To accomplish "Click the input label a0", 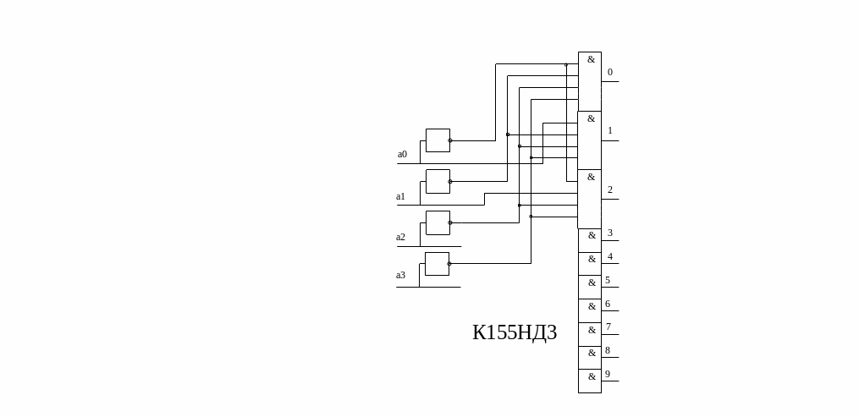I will click(402, 155).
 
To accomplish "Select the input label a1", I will click(400, 197).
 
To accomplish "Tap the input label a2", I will click(400, 238).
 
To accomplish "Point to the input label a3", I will click(400, 276).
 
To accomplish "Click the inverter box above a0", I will click(438, 140).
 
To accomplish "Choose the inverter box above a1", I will click(438, 181).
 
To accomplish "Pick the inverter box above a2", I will click(438, 222).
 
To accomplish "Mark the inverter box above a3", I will click(437, 264).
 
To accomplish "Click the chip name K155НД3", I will click(515, 333).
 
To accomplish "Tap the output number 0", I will click(610, 73).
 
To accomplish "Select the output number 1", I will click(610, 131).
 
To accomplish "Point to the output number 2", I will click(610, 190).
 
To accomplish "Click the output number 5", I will click(608, 281).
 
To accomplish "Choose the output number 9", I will click(608, 375).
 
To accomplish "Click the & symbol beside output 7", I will click(592, 330).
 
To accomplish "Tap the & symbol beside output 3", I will click(592, 235).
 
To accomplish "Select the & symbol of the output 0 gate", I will click(591, 59).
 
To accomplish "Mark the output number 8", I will click(608, 351).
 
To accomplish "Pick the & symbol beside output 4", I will click(592, 259).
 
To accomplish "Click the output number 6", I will click(608, 305).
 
